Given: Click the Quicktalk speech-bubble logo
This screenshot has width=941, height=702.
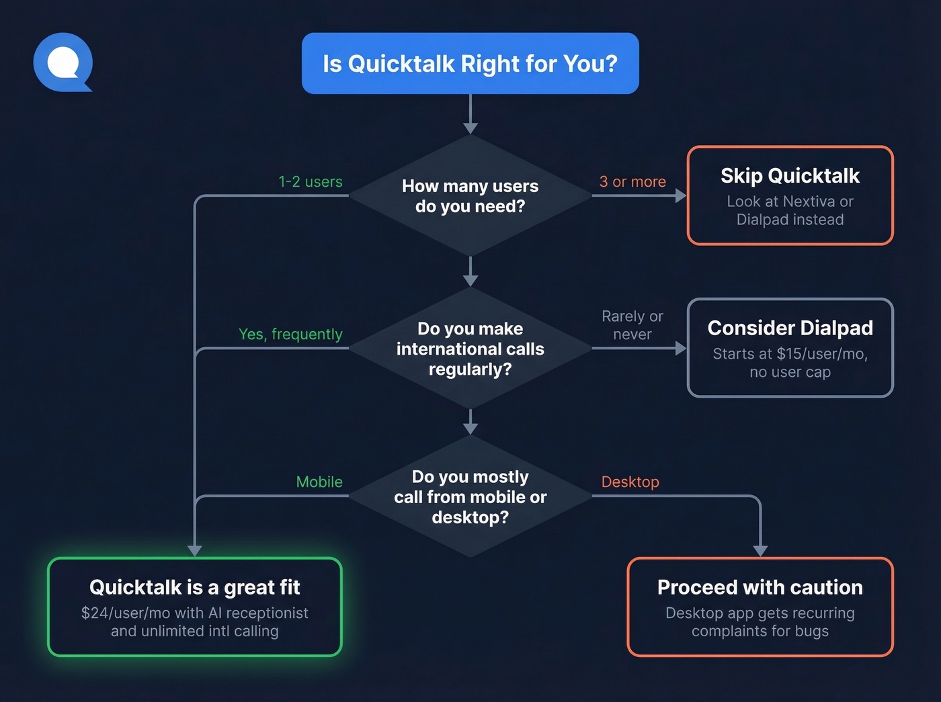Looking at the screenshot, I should click(x=63, y=62).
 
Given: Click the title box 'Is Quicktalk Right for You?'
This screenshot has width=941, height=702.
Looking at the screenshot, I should click(x=470, y=64).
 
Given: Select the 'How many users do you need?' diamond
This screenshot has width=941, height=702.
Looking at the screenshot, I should click(x=470, y=196).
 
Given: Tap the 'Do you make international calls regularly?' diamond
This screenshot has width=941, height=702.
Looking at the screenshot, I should click(x=470, y=349).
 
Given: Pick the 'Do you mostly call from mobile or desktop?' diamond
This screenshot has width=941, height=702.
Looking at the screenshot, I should click(x=470, y=496).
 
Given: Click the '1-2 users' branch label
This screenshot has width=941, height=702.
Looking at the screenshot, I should click(x=311, y=182).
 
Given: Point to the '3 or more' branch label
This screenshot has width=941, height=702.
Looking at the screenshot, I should click(x=632, y=182).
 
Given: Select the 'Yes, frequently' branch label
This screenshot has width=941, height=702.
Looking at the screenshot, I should click(x=290, y=335).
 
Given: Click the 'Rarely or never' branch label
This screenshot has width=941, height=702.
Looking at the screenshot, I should click(x=632, y=325).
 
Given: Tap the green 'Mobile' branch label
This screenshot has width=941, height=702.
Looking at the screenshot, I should click(x=319, y=482).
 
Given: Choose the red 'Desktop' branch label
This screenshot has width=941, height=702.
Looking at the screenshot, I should click(x=630, y=482).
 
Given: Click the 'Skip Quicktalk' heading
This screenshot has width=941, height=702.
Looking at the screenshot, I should click(x=790, y=176).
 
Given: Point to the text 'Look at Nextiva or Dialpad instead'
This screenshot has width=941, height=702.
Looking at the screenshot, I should click(x=790, y=211).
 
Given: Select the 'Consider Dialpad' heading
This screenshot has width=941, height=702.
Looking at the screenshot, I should click(x=790, y=328).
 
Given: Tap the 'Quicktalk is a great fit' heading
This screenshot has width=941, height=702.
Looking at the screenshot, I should click(x=195, y=588).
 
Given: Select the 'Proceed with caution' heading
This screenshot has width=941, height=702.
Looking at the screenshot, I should click(x=760, y=588).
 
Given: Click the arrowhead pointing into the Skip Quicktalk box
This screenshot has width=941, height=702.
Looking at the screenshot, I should click(x=680, y=196).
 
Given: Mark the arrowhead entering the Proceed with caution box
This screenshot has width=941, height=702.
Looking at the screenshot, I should click(x=760, y=551).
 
